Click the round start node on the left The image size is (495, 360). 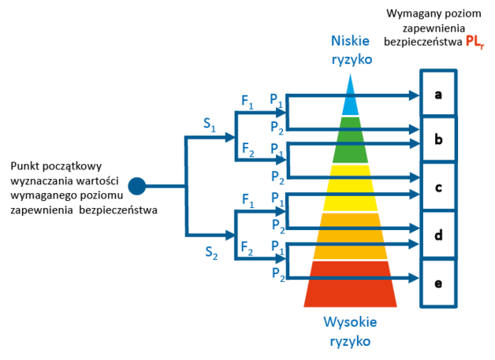[137, 186]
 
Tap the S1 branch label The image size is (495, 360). [209, 124]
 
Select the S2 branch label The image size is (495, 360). [211, 252]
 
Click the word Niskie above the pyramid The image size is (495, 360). [350, 41]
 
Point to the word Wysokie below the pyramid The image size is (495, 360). [350, 322]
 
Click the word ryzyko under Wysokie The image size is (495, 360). [350, 341]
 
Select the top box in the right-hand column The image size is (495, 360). [438, 94]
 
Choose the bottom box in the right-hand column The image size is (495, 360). [438, 282]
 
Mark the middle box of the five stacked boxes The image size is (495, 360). [438, 187]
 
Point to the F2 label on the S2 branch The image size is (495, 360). [247, 247]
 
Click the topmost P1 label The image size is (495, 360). [276, 99]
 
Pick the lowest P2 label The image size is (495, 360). [277, 273]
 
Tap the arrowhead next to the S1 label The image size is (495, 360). [229, 137]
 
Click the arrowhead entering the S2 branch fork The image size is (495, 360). [229, 235]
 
